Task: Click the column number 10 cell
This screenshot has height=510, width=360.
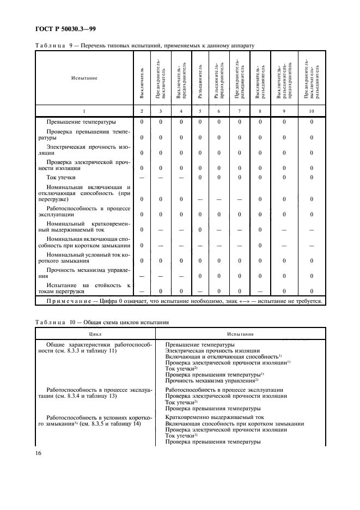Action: pyautogui.click(x=312, y=111)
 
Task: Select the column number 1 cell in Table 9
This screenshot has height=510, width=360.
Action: pyautogui.click(x=84, y=111)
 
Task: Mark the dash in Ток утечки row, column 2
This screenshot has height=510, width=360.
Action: pyautogui.click(x=142, y=177)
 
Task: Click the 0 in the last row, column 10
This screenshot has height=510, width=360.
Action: pyautogui.click(x=312, y=292)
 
